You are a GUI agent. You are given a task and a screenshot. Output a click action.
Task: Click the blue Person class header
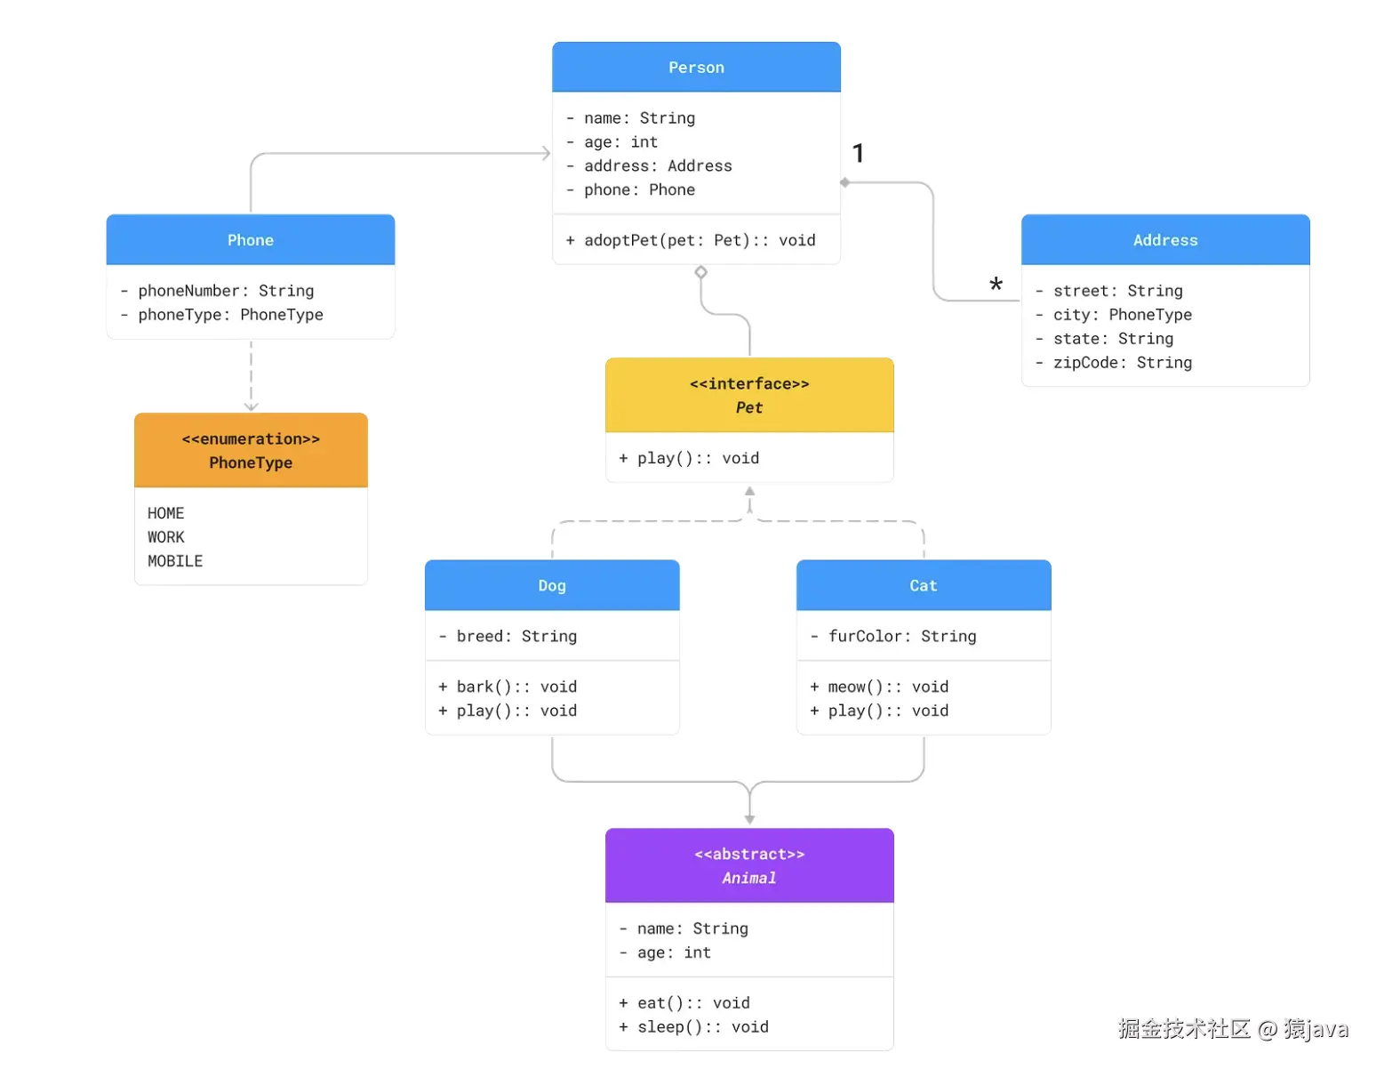(696, 68)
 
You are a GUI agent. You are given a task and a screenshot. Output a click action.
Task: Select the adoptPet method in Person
(691, 240)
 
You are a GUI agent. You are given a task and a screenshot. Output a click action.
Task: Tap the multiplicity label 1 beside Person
(858, 153)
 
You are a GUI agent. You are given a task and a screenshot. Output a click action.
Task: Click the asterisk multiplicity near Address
(996, 285)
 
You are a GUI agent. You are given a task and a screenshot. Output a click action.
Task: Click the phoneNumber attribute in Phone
(226, 291)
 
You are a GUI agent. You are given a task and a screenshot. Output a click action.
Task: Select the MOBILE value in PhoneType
(175, 561)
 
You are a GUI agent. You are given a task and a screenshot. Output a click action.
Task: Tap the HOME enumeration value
(166, 513)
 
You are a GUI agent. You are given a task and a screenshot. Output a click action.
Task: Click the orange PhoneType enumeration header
(251, 450)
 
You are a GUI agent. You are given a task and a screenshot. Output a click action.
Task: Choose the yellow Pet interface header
(749, 395)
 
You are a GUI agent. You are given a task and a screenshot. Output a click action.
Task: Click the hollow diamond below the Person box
(701, 272)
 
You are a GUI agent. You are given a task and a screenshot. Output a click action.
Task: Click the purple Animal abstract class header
(749, 865)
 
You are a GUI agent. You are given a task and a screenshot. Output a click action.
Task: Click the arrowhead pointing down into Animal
(749, 819)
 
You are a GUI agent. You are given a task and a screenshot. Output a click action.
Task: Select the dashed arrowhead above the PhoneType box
(252, 406)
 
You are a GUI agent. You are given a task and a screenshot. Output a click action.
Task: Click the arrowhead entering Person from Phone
(546, 154)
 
